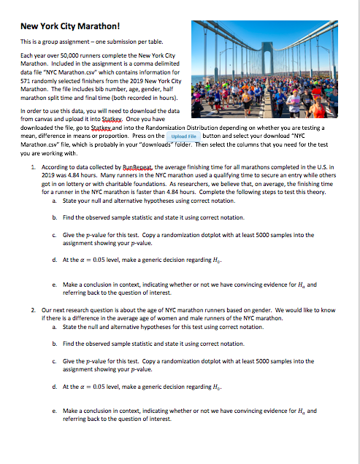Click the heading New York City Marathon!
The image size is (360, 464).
click(65, 27)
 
